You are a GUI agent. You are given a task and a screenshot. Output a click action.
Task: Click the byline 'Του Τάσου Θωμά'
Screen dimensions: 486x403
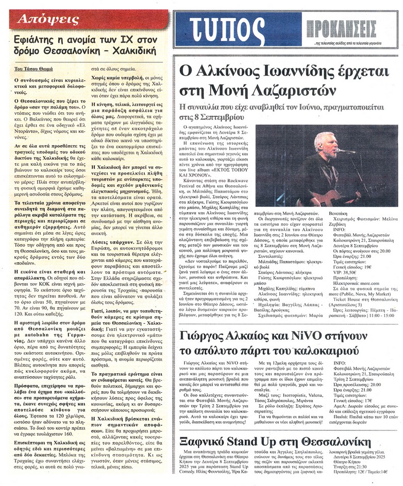click(32, 67)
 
